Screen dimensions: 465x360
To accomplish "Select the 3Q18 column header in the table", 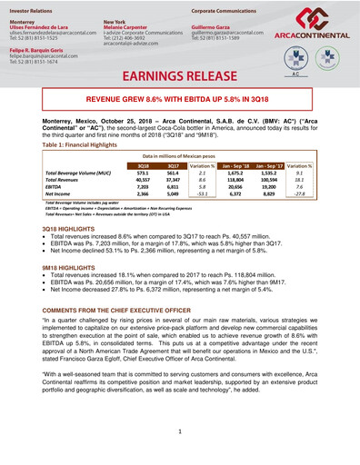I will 144,166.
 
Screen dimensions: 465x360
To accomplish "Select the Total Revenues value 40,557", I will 142,180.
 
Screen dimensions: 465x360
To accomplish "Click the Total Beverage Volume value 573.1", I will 143,173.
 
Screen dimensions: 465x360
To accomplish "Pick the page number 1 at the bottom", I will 180,430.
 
